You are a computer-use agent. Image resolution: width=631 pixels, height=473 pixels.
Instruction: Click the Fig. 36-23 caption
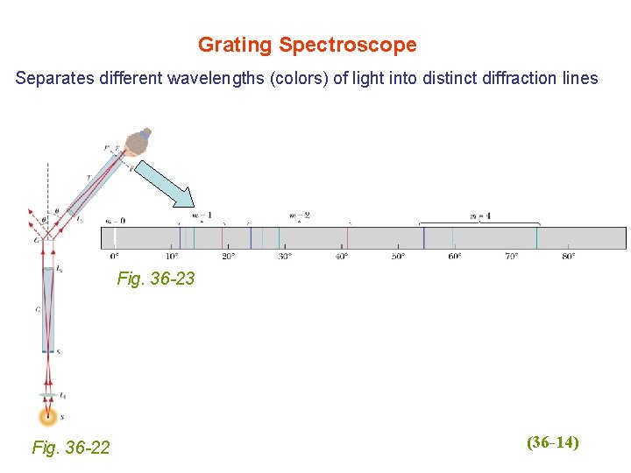(156, 279)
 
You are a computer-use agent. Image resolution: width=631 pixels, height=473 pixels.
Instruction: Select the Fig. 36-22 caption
(71, 448)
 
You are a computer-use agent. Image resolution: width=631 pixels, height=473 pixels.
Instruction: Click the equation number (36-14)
(553, 442)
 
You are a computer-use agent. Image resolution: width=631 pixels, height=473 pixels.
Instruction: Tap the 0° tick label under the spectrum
(115, 257)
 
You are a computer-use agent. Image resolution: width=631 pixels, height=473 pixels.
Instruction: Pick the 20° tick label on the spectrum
(228, 257)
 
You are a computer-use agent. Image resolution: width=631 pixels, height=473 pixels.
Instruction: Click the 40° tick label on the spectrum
(342, 257)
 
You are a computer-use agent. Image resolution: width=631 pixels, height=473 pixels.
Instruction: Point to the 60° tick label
(455, 257)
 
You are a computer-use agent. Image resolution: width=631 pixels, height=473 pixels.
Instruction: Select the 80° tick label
(568, 257)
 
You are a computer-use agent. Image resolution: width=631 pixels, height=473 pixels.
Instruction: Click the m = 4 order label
(479, 215)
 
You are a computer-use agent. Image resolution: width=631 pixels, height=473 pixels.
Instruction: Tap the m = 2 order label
(300, 215)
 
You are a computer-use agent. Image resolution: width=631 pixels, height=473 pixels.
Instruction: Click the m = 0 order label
(115, 221)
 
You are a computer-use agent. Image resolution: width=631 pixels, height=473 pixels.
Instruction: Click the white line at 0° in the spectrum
(114, 238)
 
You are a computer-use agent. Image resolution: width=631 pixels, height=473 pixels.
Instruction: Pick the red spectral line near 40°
(348, 238)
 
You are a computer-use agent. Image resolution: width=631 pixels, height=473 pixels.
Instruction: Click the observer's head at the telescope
(138, 143)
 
